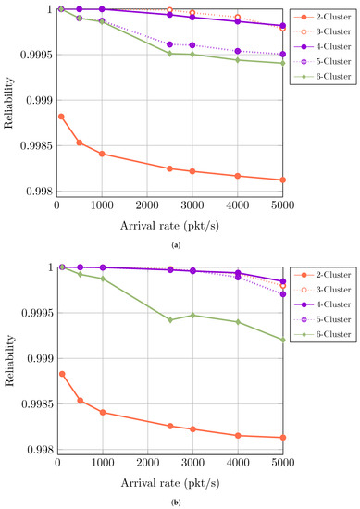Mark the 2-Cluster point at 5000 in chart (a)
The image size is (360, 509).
click(x=282, y=180)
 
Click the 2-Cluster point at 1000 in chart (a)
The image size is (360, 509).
click(x=102, y=154)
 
